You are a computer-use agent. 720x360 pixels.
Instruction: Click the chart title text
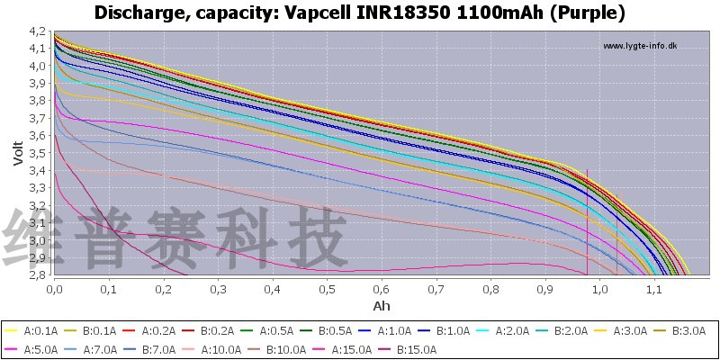pos(360,13)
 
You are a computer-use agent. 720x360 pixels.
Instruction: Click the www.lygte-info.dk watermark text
pos(639,46)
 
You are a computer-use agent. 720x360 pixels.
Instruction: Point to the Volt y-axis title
pos(17,153)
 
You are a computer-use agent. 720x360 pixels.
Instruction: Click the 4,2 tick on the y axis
pos(37,31)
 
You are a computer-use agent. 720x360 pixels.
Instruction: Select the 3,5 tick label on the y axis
pos(37,153)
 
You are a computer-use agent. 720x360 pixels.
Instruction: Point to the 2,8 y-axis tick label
pos(37,274)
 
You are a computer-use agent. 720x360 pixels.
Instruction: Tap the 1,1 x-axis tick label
pos(654,290)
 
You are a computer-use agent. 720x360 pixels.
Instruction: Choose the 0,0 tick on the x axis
pos(54,290)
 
